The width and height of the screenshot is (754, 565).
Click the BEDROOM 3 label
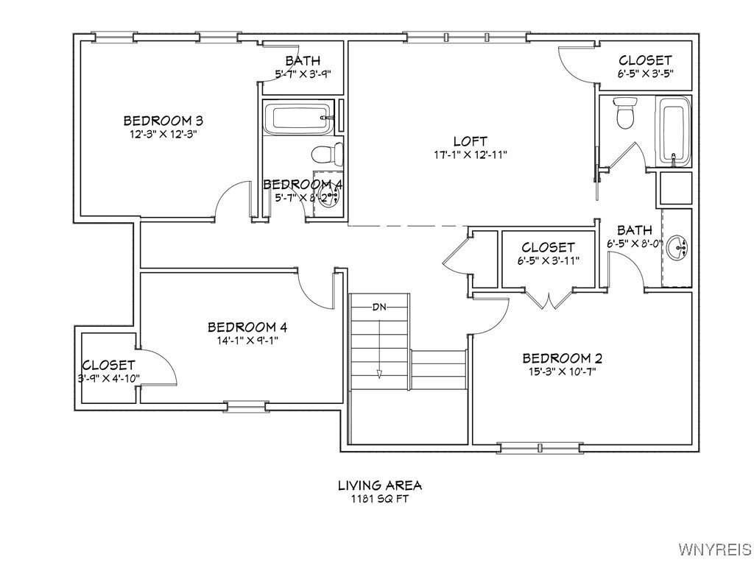pos(163,121)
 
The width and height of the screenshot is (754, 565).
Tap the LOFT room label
pos(471,141)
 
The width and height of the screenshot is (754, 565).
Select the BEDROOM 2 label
pos(563,358)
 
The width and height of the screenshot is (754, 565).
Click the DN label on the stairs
pos(379,306)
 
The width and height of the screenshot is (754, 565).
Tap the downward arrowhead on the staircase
pos(379,374)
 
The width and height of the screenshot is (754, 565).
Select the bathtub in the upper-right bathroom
pos(673,131)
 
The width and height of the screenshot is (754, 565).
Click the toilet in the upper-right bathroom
pos(626,113)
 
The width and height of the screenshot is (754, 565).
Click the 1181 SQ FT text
pos(380,499)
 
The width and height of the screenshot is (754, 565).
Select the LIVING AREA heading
pos(380,486)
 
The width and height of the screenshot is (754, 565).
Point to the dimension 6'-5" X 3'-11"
pos(549,260)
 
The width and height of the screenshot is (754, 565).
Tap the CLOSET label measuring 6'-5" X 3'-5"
pos(645,60)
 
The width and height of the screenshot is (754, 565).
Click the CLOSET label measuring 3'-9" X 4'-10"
pos(108,365)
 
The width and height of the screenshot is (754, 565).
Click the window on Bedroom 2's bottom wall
pos(542,446)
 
